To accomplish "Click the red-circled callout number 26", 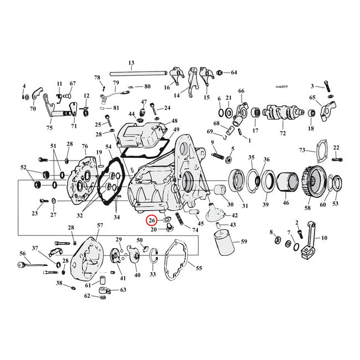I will [151, 221].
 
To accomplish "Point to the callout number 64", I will [233, 73].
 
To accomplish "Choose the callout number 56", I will [23, 253].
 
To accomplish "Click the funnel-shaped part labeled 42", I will [213, 212].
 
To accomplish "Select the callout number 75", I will [50, 127].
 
